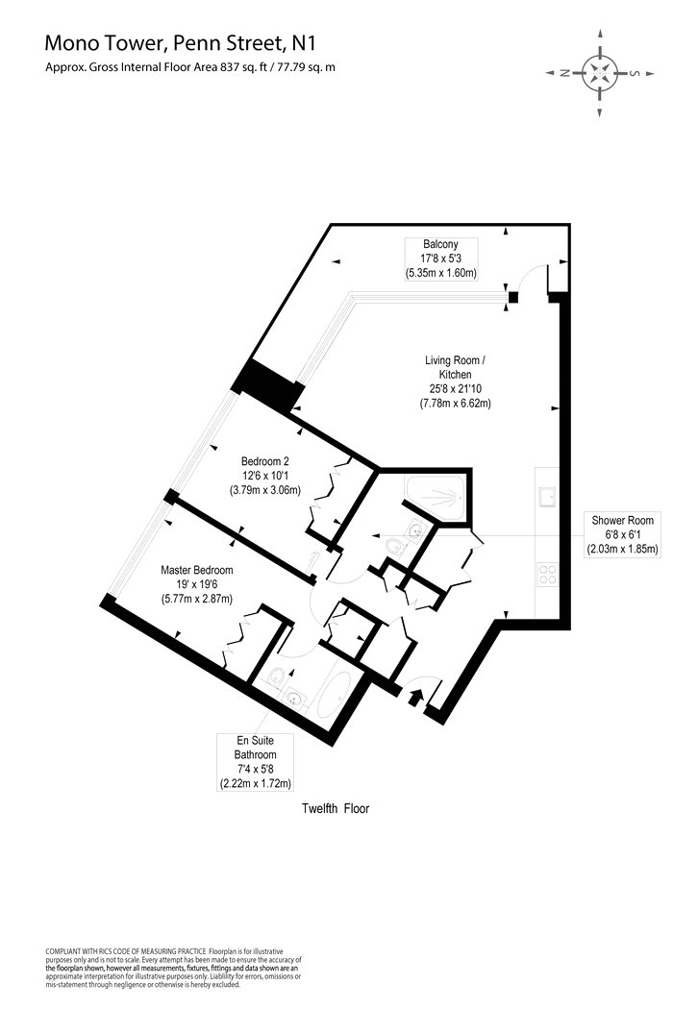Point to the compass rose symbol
click(x=600, y=72)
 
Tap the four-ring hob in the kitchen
click(x=548, y=574)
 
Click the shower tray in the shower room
click(x=437, y=498)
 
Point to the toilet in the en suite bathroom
click(x=276, y=676)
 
